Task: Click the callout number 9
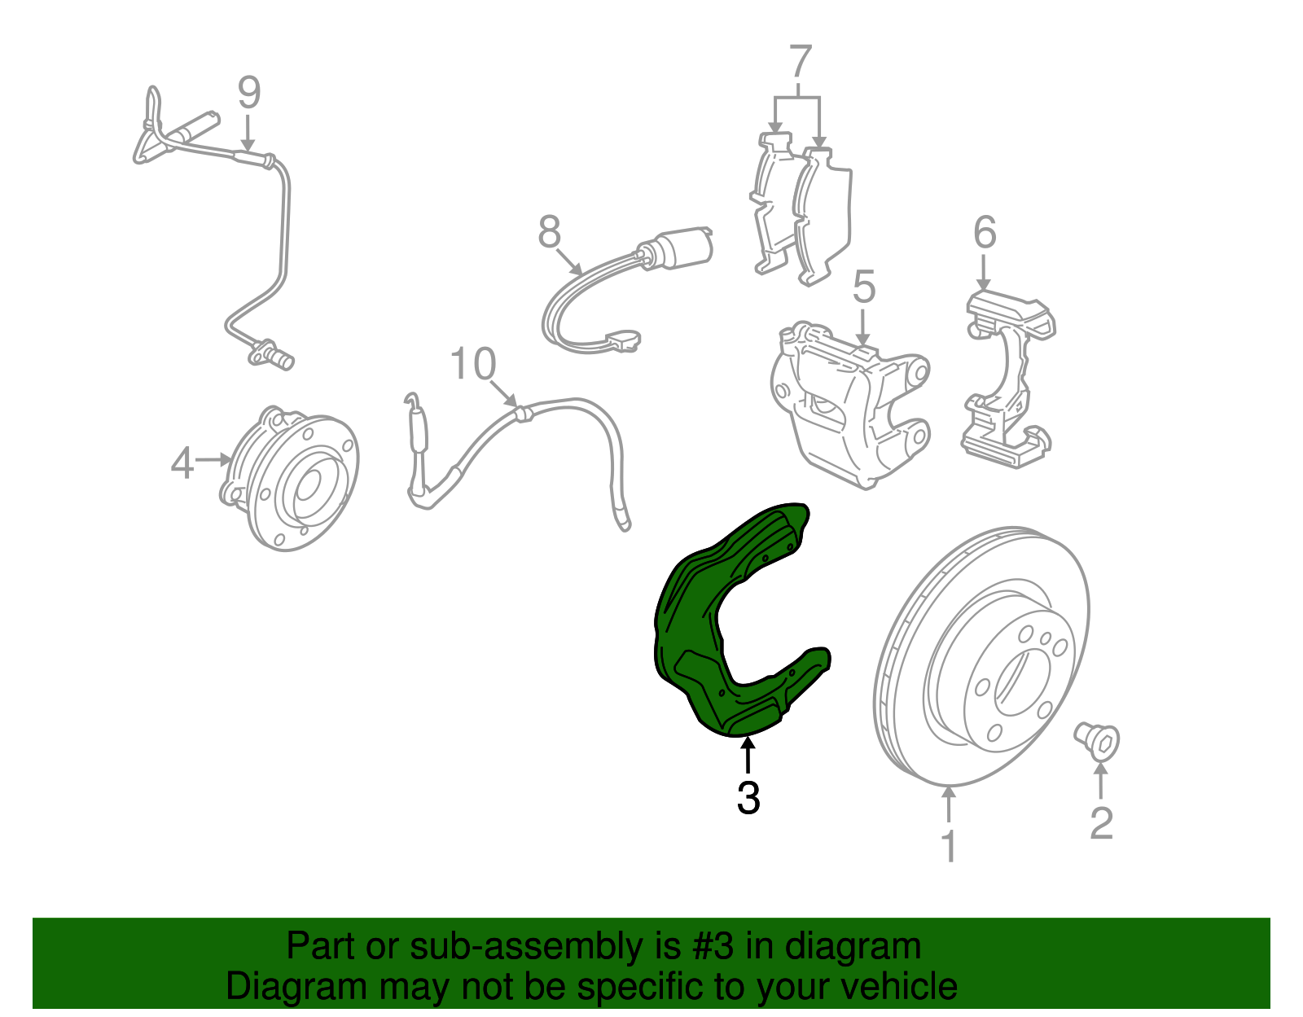pyautogui.click(x=249, y=92)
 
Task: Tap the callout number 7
pyautogui.click(x=801, y=61)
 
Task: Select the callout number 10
pyautogui.click(x=473, y=364)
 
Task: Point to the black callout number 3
pyautogui.click(x=748, y=798)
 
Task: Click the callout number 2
pyautogui.click(x=1102, y=823)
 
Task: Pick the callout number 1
pyautogui.click(x=950, y=846)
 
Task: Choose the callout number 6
pyautogui.click(x=985, y=233)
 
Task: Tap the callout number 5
pyautogui.click(x=864, y=287)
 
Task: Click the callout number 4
pyautogui.click(x=182, y=462)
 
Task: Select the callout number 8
pyautogui.click(x=549, y=232)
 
